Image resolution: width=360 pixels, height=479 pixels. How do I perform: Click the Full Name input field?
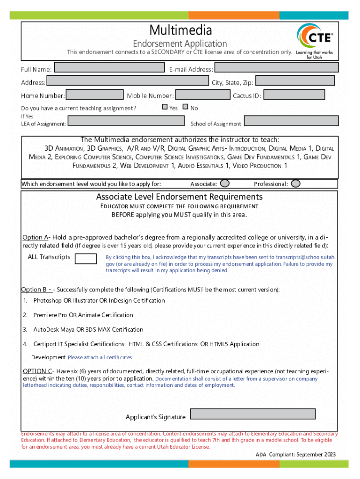[x=109, y=68]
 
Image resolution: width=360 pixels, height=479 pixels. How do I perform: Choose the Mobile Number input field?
[x=202, y=95]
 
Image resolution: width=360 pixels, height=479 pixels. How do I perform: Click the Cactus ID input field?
[x=294, y=95]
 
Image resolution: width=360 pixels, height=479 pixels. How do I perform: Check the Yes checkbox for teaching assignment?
[x=165, y=107]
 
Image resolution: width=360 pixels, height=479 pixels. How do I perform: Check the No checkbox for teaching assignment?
[x=186, y=107]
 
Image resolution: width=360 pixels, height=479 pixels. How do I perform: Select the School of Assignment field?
[x=291, y=121]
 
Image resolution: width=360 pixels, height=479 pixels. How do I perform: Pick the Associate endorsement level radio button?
[x=225, y=183]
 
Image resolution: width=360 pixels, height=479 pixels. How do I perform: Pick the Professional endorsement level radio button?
[x=295, y=183]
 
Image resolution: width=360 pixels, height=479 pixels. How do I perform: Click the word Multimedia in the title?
[x=180, y=31]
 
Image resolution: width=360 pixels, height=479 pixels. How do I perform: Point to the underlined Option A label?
[x=35, y=237]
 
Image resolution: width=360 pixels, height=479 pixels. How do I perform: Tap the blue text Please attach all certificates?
[x=100, y=357]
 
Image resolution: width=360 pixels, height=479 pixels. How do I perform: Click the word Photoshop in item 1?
[x=47, y=300]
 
